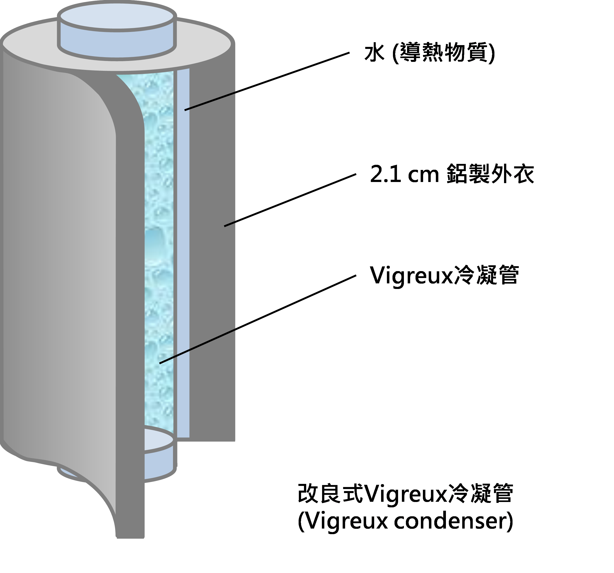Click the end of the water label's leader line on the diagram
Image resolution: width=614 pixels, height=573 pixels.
click(x=185, y=110)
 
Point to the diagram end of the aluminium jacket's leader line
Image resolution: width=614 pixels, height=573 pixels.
click(x=225, y=226)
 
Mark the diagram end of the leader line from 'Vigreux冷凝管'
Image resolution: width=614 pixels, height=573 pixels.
click(x=160, y=363)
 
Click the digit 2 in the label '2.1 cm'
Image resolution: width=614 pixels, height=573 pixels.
click(x=376, y=175)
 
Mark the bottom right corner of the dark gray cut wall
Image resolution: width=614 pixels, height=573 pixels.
click(x=235, y=440)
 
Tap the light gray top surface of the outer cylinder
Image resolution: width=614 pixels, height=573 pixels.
click(x=204, y=46)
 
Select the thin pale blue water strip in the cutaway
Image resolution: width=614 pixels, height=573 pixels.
click(x=183, y=253)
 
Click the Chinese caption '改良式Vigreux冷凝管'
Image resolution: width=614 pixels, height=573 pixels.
click(x=405, y=493)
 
